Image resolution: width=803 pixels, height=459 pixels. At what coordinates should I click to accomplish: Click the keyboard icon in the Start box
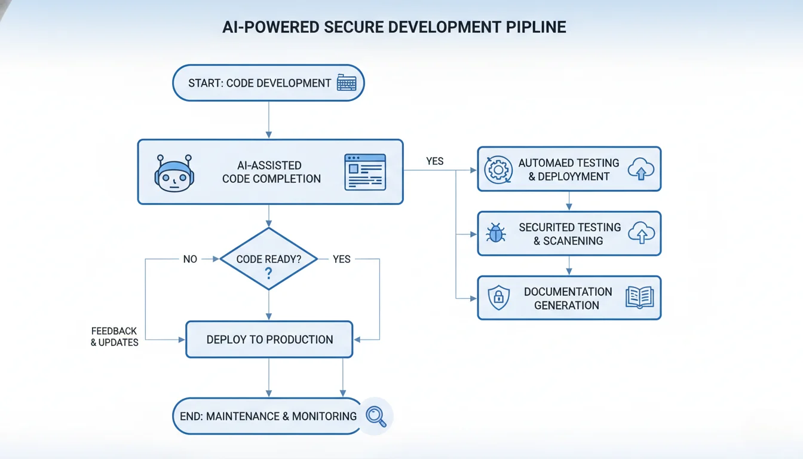(347, 83)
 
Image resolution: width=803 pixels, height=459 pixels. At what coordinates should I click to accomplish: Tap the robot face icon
(174, 173)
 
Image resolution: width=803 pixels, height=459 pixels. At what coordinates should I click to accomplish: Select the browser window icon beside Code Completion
(365, 172)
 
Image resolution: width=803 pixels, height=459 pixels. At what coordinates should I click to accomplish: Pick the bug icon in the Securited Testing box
(496, 234)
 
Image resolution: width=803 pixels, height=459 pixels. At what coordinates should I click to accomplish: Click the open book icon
(640, 298)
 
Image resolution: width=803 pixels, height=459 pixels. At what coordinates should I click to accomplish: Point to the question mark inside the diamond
(268, 274)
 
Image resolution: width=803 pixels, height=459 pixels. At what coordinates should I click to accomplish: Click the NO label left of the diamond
(190, 259)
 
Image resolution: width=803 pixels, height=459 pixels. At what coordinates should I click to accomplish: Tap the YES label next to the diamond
(342, 259)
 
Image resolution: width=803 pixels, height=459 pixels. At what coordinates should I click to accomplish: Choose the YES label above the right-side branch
(434, 161)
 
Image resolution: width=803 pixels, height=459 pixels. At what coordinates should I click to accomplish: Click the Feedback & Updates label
(114, 336)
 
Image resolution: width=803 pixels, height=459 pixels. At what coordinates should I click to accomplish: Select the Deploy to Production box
(269, 339)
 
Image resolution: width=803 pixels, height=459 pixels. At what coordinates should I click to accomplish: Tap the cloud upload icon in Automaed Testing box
(641, 170)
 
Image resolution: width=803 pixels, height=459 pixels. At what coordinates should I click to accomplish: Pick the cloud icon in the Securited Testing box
(641, 234)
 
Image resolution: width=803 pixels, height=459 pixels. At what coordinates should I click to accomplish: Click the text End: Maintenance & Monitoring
(268, 416)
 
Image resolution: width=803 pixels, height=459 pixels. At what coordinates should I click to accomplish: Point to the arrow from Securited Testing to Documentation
(569, 265)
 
